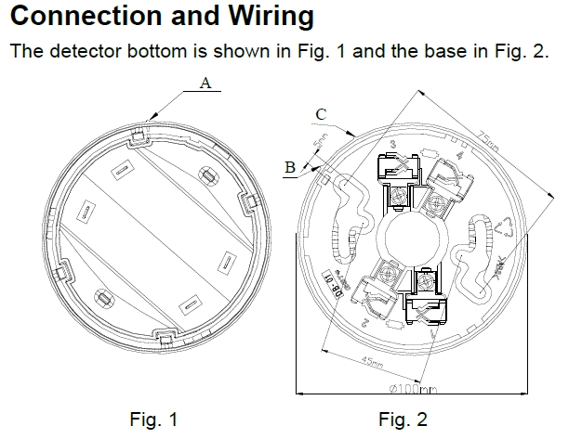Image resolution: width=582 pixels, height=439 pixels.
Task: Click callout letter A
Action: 206,83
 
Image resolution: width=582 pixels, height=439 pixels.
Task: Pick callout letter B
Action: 290,168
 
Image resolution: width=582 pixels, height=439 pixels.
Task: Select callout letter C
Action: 320,113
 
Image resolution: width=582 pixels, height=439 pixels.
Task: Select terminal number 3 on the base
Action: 393,144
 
